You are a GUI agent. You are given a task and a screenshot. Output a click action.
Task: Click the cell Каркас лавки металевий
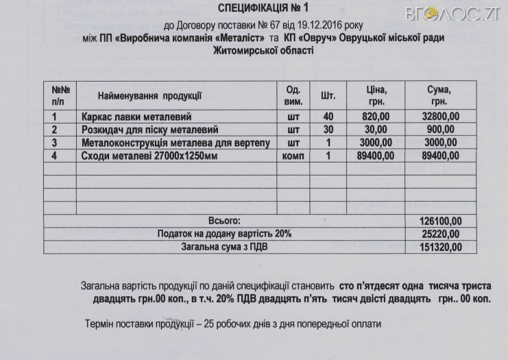[x=134, y=117]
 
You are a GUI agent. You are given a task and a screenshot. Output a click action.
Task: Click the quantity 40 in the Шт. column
[x=328, y=117]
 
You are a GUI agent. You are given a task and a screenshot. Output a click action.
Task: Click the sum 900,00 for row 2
[x=446, y=130]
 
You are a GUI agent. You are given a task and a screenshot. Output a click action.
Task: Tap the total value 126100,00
[x=440, y=221]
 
